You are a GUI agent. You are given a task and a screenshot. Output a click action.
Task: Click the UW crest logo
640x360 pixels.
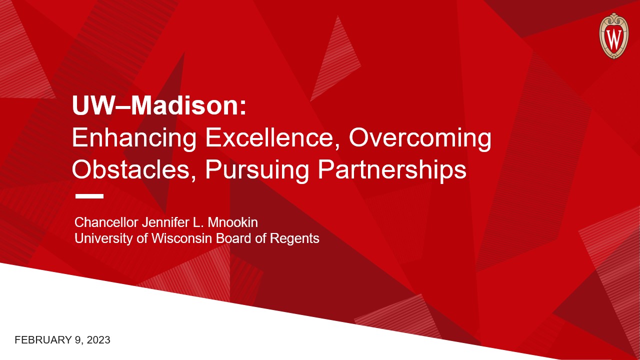(x=614, y=36)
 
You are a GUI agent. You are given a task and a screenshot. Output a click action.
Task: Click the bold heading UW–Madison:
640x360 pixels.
(x=159, y=105)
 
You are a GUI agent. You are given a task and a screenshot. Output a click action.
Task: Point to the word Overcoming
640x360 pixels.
(x=420, y=139)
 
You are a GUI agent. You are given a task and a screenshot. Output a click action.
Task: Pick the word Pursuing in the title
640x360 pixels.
(x=257, y=170)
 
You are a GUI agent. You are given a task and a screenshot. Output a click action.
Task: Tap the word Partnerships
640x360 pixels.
(x=392, y=170)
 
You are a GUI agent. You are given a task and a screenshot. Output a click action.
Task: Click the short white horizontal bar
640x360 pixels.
(x=89, y=196)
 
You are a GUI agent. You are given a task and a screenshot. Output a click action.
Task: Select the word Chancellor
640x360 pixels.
(x=106, y=222)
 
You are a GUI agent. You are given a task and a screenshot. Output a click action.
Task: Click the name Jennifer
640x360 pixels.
(x=165, y=222)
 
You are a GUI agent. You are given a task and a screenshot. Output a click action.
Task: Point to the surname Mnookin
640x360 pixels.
(x=232, y=222)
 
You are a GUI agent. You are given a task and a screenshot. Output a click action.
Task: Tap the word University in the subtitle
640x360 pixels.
(x=103, y=239)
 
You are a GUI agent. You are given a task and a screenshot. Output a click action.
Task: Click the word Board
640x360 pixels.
(x=233, y=238)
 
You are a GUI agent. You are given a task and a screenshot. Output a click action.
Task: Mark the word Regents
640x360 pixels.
(x=294, y=239)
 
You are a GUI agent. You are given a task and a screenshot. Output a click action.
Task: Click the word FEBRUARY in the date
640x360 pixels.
(x=43, y=340)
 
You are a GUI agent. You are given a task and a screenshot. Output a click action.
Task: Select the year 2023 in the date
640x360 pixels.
(x=98, y=340)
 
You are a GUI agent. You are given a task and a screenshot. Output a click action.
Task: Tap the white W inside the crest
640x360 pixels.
(x=613, y=39)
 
